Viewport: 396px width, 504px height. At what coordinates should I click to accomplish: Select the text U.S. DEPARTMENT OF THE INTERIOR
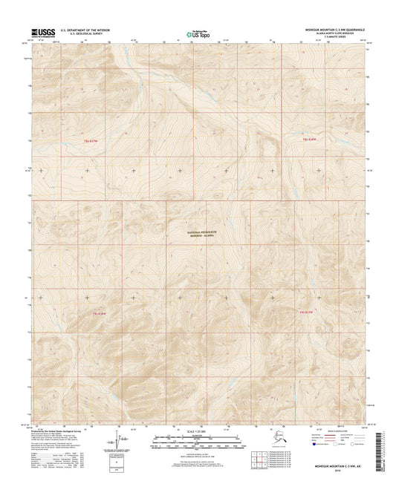pyautogui.click(x=89, y=30)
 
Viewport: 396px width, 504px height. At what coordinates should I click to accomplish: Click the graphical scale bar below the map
pyautogui.click(x=198, y=443)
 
